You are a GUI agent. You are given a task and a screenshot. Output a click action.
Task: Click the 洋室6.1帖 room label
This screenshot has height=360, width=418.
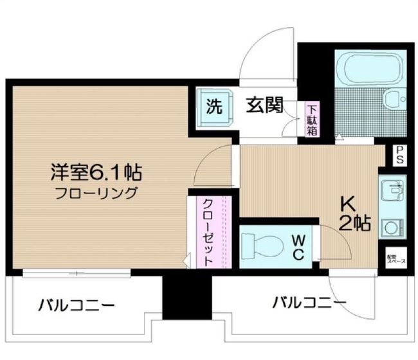[x=97, y=172]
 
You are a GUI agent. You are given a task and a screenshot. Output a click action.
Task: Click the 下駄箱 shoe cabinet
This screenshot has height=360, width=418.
[x=312, y=120]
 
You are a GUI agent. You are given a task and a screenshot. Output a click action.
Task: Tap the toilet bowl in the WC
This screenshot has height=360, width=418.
[x=263, y=245]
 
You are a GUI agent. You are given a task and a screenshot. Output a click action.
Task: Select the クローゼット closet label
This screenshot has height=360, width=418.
[x=208, y=232]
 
